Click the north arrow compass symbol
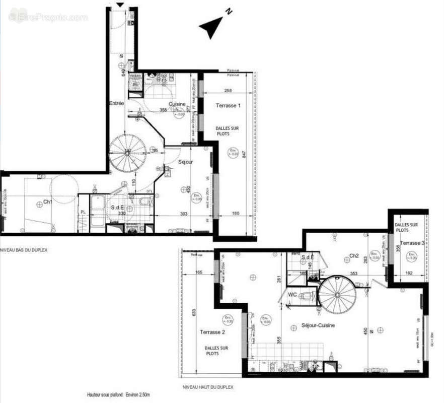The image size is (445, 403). tap(212, 28)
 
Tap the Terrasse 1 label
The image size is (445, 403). tap(228, 106)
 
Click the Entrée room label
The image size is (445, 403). tap(116, 103)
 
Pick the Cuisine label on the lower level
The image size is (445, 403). tap(177, 104)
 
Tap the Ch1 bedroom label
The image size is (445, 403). tap(48, 202)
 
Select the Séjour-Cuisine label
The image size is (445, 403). tap(318, 325)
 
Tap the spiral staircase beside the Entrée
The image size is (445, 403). tap(128, 153)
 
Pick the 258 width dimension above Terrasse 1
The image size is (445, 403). tap(228, 91)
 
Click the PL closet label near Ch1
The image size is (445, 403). tap(83, 213)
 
